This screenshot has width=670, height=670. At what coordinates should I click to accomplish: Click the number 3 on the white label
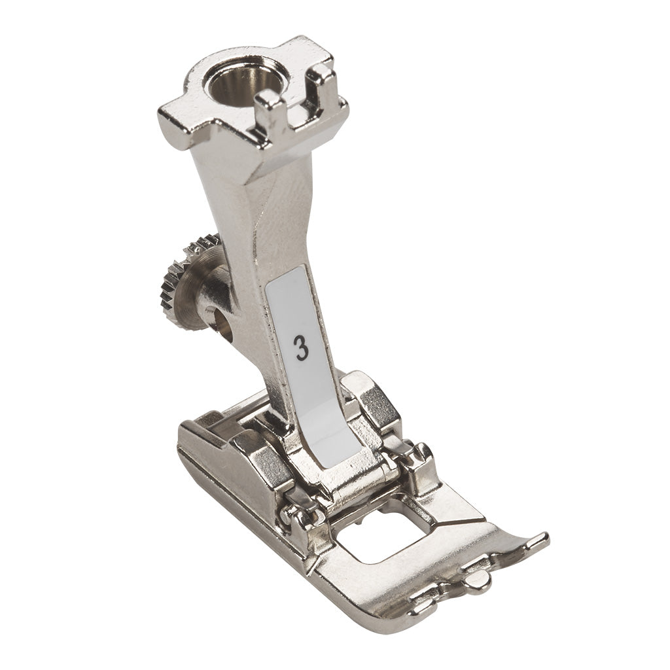point(302,347)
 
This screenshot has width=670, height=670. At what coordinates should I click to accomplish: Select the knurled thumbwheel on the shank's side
point(188,272)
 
